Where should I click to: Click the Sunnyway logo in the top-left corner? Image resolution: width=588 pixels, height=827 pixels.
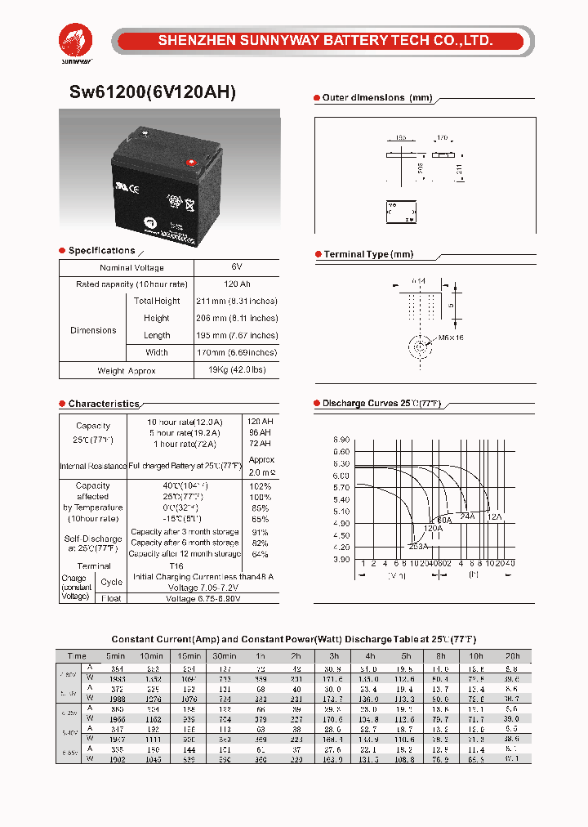(x=76, y=41)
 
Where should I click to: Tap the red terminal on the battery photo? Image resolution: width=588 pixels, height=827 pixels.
(x=194, y=161)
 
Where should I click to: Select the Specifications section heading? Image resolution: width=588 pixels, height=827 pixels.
(x=101, y=251)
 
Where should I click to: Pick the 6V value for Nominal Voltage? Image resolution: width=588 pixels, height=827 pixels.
(x=236, y=267)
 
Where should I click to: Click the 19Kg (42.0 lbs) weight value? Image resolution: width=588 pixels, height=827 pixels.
(x=236, y=370)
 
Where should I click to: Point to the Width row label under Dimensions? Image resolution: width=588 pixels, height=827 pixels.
(x=157, y=352)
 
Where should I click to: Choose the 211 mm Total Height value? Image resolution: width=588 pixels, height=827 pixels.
(x=236, y=301)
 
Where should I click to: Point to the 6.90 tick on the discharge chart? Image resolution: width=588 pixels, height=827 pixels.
(x=341, y=440)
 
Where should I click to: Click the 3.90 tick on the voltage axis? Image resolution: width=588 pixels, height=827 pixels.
(x=341, y=560)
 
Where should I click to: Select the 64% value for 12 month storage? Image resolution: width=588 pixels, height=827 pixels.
(x=261, y=554)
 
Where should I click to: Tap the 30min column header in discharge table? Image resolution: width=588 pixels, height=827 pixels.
(x=224, y=655)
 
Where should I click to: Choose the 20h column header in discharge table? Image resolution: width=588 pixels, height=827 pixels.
(x=511, y=655)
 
